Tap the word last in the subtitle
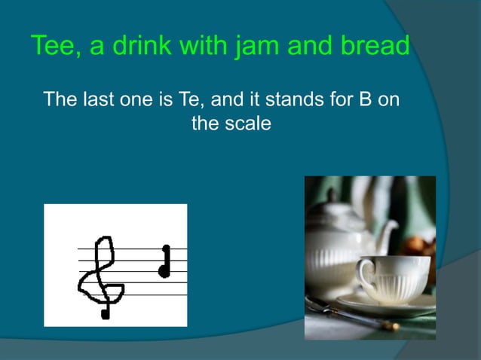coord(96,100)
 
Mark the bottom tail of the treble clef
coord(105,312)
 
